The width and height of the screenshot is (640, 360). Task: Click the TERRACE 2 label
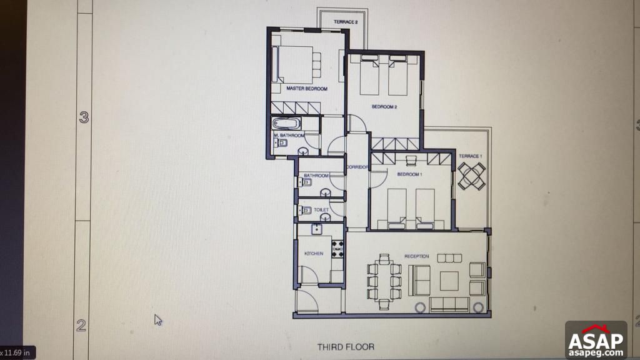tap(346, 22)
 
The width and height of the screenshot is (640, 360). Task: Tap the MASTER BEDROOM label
tap(307, 89)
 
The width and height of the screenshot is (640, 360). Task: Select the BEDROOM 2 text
tap(385, 107)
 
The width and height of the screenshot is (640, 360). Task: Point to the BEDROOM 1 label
tap(409, 174)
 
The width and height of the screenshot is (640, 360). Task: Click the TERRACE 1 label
tap(471, 156)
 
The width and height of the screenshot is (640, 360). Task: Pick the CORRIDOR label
tap(356, 167)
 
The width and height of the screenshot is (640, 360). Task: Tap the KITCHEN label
tap(314, 253)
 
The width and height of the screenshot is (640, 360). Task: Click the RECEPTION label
tap(417, 256)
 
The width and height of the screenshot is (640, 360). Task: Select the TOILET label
tap(321, 210)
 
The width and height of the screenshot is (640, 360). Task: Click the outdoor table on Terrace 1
tap(471, 176)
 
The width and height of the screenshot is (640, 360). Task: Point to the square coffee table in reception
tap(449, 281)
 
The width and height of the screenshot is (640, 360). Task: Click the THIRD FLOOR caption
tap(346, 346)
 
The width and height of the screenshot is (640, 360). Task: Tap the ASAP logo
tap(596, 341)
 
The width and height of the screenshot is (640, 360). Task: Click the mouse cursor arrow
tap(158, 319)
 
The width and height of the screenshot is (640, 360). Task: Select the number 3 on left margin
tap(83, 117)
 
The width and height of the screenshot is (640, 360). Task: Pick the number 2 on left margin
tap(81, 325)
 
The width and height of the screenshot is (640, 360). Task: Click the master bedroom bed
tap(294, 64)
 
